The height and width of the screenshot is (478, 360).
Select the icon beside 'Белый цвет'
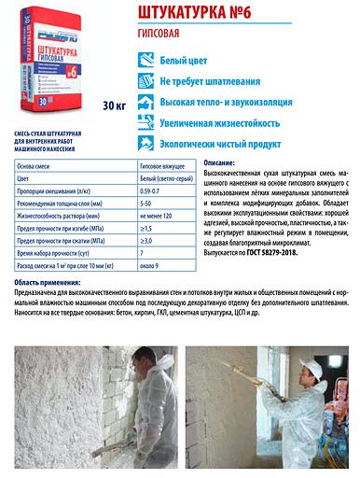pyautogui.click(x=145, y=58)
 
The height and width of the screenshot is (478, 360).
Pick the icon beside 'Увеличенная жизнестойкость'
pyautogui.click(x=145, y=121)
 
